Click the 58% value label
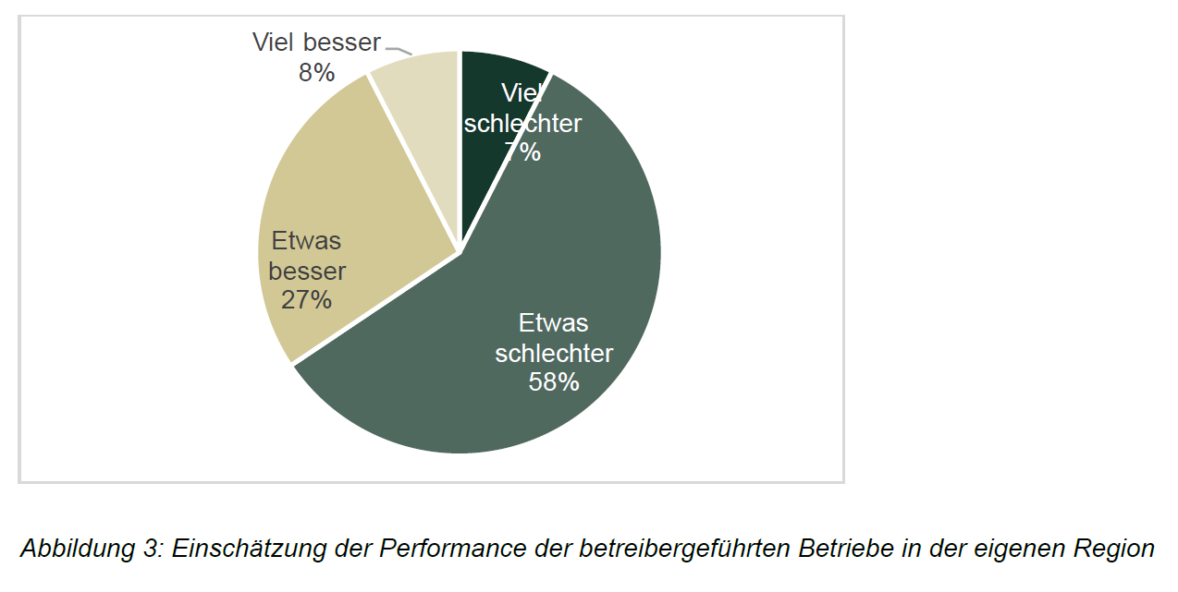click(x=554, y=381)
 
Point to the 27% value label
click(x=307, y=299)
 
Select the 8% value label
click(x=316, y=72)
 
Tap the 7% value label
click(x=523, y=152)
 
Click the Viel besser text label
click(x=316, y=42)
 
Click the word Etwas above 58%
click(x=554, y=323)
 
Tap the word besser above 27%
click(x=308, y=271)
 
